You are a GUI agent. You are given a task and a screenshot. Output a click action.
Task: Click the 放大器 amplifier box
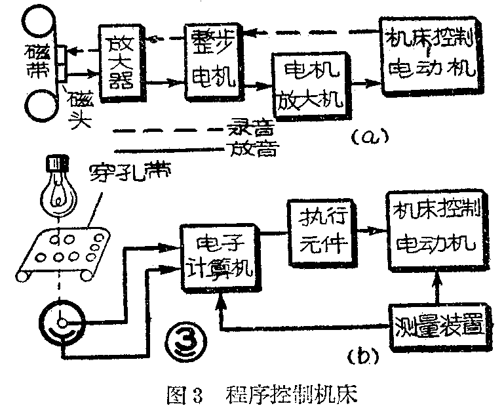[119, 64]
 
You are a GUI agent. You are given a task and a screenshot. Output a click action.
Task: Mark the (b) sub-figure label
[361, 357]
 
